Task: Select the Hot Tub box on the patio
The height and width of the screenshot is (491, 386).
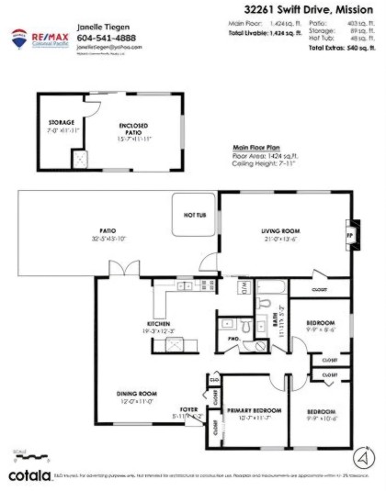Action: pos(195,216)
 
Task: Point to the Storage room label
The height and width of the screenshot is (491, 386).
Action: pos(61,122)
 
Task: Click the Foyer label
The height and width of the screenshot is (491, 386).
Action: pos(188,410)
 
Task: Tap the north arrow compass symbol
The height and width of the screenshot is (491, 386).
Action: pos(365,456)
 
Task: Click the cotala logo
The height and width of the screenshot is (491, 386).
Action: pos(29,475)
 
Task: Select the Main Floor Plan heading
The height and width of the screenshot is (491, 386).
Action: pos(254,147)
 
